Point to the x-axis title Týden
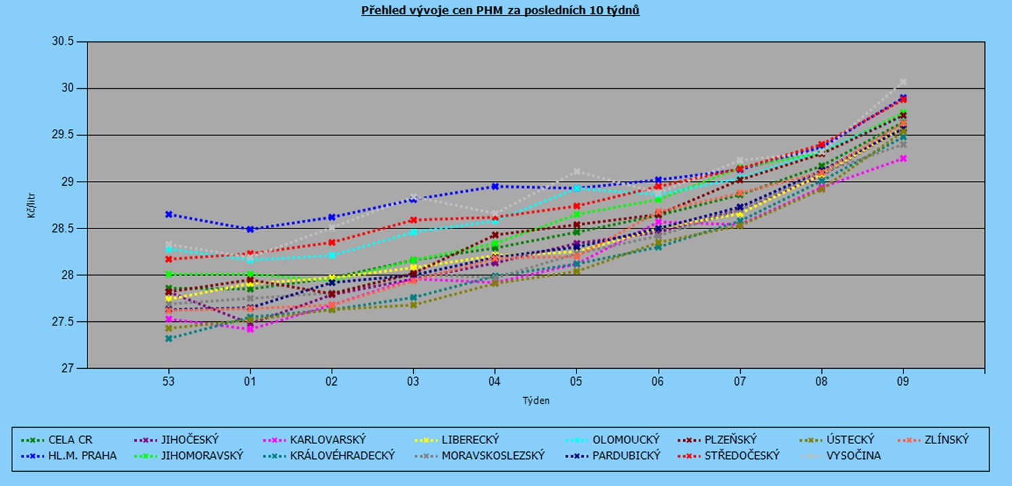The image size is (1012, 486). click(x=536, y=401)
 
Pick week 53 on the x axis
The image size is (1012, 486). click(x=168, y=382)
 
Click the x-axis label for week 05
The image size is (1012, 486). click(x=576, y=382)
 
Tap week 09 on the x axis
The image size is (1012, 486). click(x=903, y=382)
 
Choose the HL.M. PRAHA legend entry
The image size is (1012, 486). click(x=82, y=455)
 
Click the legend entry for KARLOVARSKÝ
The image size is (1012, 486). click(x=327, y=439)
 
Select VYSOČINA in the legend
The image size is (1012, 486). click(x=853, y=455)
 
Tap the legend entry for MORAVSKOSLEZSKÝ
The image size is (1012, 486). click(x=493, y=455)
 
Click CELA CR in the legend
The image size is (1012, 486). click(x=71, y=439)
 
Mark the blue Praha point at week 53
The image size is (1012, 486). click(x=169, y=214)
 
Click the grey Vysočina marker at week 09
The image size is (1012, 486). click(x=903, y=82)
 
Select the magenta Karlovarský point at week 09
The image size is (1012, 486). click(x=903, y=158)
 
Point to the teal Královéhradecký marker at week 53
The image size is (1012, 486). click(x=169, y=338)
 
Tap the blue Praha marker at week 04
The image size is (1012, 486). click(x=495, y=186)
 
